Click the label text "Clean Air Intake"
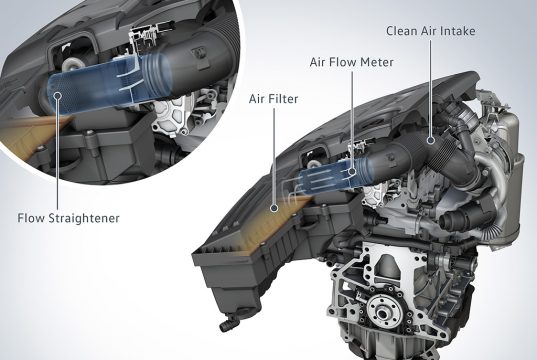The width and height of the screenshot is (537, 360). pyautogui.click(x=430, y=31)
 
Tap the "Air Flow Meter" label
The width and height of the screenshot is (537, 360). pyautogui.click(x=352, y=62)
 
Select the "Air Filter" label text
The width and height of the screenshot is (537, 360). pyautogui.click(x=273, y=99)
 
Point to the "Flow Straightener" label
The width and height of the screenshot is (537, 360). pyautogui.click(x=68, y=218)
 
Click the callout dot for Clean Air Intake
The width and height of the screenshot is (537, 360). pyautogui.click(x=431, y=140)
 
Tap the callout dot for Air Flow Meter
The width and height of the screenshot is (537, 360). pyautogui.click(x=352, y=171)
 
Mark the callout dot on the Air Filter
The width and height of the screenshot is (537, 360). pyautogui.click(x=273, y=208)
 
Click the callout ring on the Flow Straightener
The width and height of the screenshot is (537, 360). pyautogui.click(x=58, y=95)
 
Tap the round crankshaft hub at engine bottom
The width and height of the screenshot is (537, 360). pyautogui.click(x=382, y=310)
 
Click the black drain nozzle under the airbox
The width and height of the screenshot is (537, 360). pyautogui.click(x=227, y=323)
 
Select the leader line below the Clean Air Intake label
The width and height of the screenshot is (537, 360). pyautogui.click(x=431, y=87)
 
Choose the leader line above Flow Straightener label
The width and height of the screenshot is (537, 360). pyautogui.click(x=58, y=155)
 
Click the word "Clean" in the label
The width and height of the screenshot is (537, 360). pyautogui.click(x=402, y=31)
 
